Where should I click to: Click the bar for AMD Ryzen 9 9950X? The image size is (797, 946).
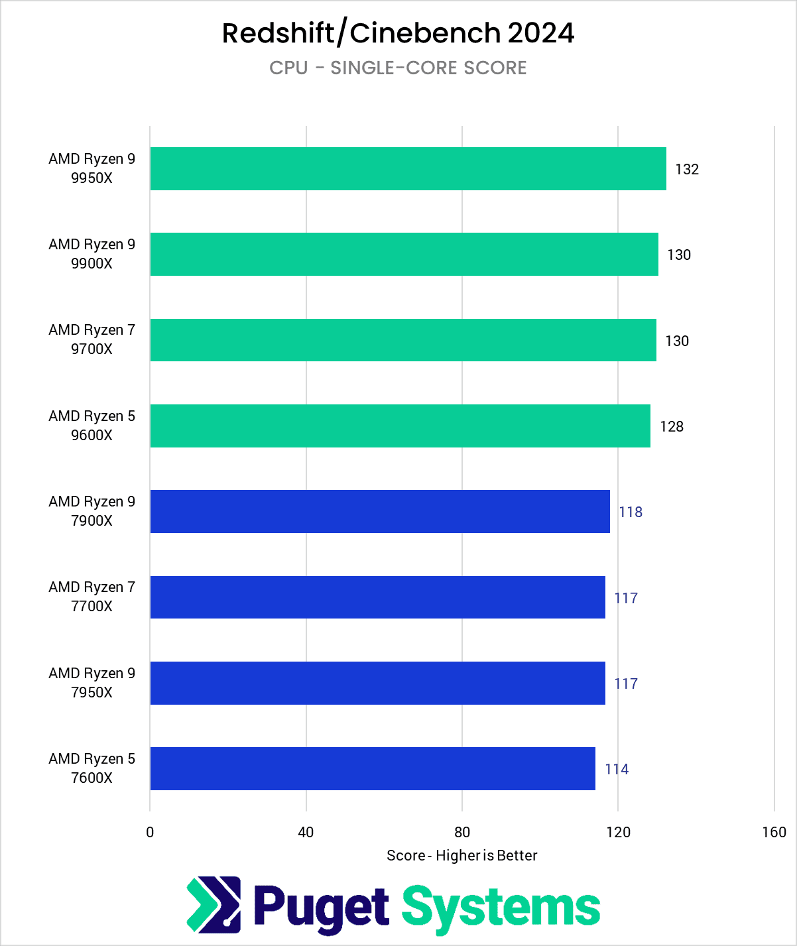tap(408, 169)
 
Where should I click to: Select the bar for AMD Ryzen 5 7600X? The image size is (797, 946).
tap(373, 769)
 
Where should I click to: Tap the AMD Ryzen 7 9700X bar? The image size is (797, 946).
tap(403, 340)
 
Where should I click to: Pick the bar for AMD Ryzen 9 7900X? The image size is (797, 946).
tap(380, 511)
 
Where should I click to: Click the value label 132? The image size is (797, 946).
tap(687, 170)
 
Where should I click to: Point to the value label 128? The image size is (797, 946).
tap(672, 426)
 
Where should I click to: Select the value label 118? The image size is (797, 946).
tap(631, 512)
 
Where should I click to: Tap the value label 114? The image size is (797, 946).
tap(617, 769)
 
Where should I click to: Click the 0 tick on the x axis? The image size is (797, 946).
tap(150, 833)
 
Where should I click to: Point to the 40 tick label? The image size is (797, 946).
tap(306, 833)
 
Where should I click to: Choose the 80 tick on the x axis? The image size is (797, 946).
tap(462, 833)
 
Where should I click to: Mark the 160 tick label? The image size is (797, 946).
tap(774, 833)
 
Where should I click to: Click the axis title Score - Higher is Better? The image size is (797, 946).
tap(462, 856)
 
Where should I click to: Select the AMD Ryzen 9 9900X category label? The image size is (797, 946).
tap(92, 254)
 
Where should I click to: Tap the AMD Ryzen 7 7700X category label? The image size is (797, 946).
tap(92, 597)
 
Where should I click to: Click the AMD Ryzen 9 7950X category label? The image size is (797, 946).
tap(92, 683)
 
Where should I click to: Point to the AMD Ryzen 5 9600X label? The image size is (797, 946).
tap(92, 426)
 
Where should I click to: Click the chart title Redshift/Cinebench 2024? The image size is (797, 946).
tap(398, 33)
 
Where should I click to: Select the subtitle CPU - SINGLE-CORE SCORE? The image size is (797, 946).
tap(398, 68)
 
